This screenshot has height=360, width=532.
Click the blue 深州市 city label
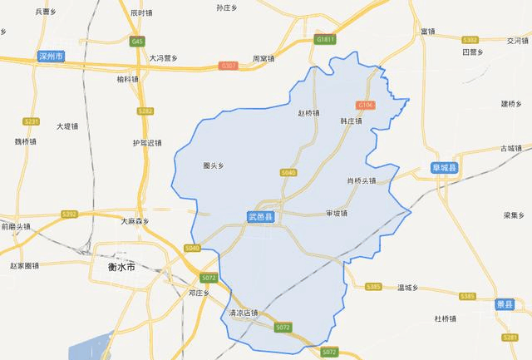52,57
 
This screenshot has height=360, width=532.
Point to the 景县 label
505,305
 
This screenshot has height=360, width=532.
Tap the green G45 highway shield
137,41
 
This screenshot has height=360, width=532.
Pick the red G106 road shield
364,105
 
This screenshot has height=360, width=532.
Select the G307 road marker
229,65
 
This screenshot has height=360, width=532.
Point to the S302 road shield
470,39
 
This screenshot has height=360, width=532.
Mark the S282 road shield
146,111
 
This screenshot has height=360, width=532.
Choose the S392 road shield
70,215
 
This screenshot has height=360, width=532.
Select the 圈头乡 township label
214,165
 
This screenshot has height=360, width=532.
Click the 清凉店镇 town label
244,313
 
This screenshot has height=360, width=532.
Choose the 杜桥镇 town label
446,318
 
